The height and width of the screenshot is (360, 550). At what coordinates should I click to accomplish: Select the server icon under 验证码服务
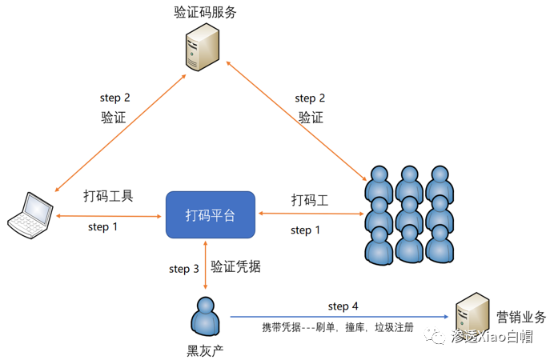tap(204, 50)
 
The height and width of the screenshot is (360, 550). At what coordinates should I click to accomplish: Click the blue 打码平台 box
tap(210, 214)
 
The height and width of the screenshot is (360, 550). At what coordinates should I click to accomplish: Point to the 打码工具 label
tap(108, 196)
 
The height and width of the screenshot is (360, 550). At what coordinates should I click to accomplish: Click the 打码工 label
tap(310, 199)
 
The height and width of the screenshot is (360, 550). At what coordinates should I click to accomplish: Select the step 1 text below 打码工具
tap(103, 227)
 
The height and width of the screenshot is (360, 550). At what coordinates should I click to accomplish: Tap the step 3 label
tap(183, 269)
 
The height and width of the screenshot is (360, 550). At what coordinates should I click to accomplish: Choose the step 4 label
tap(343, 306)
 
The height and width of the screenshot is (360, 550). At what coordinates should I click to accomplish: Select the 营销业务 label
tap(521, 318)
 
